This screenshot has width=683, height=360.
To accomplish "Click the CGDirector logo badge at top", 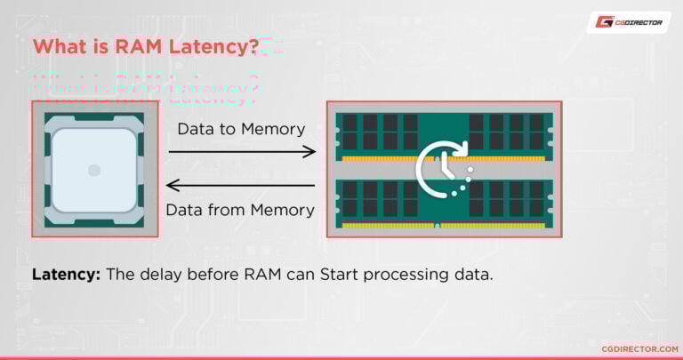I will point(629,22).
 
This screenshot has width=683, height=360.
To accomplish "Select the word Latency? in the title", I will point(217,47).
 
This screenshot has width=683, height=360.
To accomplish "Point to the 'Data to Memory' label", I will point(241,129).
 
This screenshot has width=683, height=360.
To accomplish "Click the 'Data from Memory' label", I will point(241,211).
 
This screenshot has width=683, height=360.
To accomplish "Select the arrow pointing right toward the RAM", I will point(242,152).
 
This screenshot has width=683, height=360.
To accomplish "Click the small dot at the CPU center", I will point(94,170).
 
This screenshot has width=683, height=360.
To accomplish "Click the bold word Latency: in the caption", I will point(66,275).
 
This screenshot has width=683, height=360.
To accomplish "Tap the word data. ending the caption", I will point(474,275).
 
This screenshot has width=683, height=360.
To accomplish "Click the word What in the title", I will point(60,47).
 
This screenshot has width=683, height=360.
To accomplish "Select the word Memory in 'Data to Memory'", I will point(273,129).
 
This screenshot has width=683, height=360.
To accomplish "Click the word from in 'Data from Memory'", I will point(229,211).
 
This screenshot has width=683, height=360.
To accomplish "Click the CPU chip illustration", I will point(94,169).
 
